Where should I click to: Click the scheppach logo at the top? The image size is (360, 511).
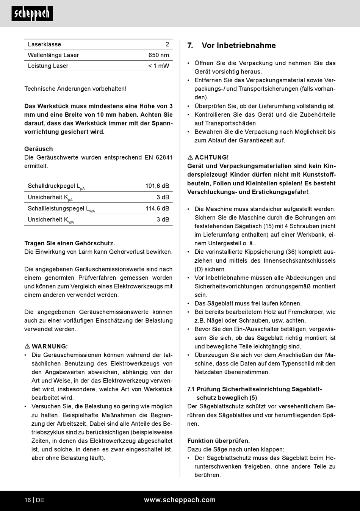point(32,14)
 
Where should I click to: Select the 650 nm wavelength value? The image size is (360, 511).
point(158,55)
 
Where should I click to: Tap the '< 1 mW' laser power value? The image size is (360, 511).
point(158,66)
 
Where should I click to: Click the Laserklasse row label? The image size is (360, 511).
point(44,44)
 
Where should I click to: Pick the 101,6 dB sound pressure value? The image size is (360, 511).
point(157,186)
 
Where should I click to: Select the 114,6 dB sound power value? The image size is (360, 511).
point(157,208)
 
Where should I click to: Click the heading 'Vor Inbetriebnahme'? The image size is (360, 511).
point(239,45)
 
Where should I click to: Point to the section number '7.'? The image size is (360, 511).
point(190,45)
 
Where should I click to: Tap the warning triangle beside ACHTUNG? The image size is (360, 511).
point(190,157)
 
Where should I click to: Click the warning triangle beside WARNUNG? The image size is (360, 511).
point(27,346)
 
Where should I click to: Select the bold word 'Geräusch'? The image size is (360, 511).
point(39,149)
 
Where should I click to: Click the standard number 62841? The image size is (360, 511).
point(164,157)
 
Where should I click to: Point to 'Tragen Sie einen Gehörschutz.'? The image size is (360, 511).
point(69,243)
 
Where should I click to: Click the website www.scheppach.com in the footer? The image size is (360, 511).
point(180,500)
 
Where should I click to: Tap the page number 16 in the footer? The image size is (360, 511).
point(28,500)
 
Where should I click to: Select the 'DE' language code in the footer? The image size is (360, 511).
point(40,500)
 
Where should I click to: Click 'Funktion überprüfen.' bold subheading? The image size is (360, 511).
point(219,441)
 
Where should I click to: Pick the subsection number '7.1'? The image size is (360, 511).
point(191,389)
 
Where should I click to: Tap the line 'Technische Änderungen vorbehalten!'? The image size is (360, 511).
point(75,89)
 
